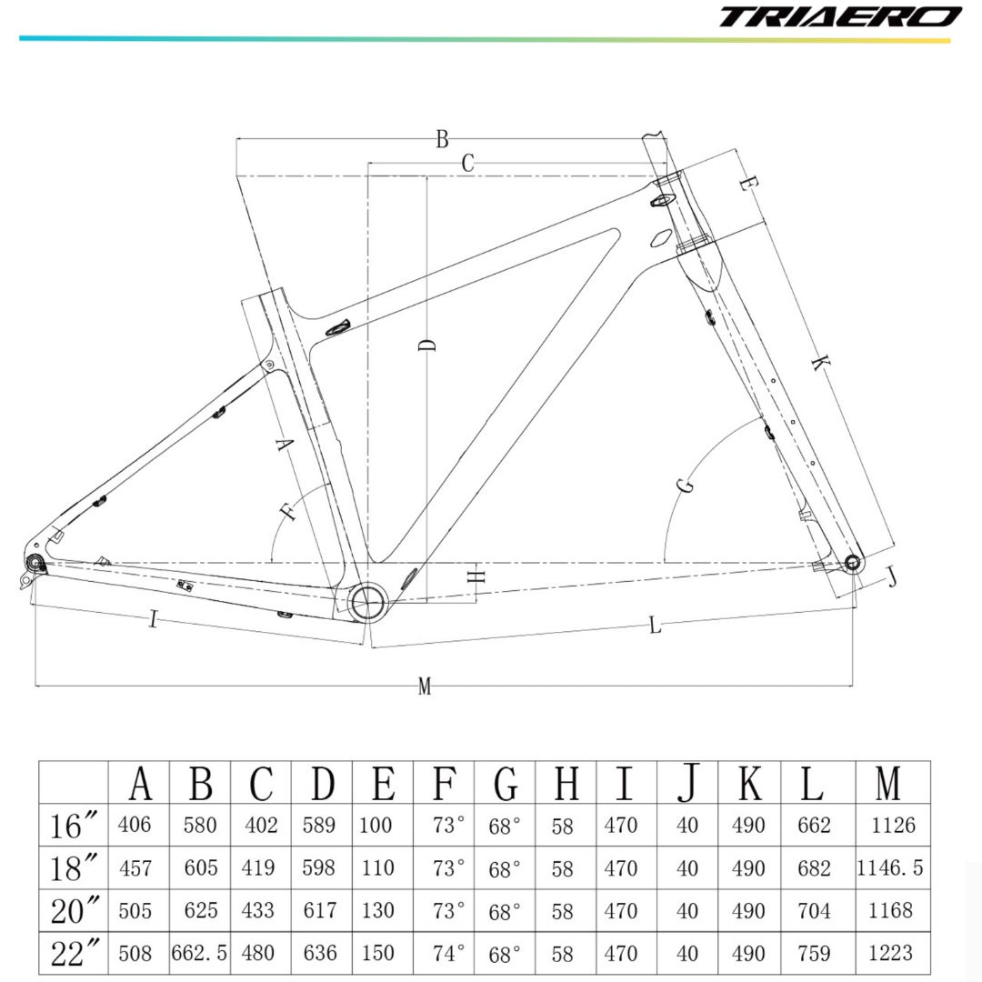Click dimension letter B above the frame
[442, 139]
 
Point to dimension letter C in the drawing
[468, 164]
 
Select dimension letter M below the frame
[424, 687]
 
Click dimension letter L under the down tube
[655, 625]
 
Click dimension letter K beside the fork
[818, 364]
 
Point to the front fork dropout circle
[853, 561]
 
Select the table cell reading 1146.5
[890, 868]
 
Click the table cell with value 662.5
[199, 953]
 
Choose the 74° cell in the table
[446, 953]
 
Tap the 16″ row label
[75, 826]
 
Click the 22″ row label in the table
[75, 953]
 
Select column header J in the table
[688, 782]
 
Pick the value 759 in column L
[813, 953]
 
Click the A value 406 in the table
[135, 826]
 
